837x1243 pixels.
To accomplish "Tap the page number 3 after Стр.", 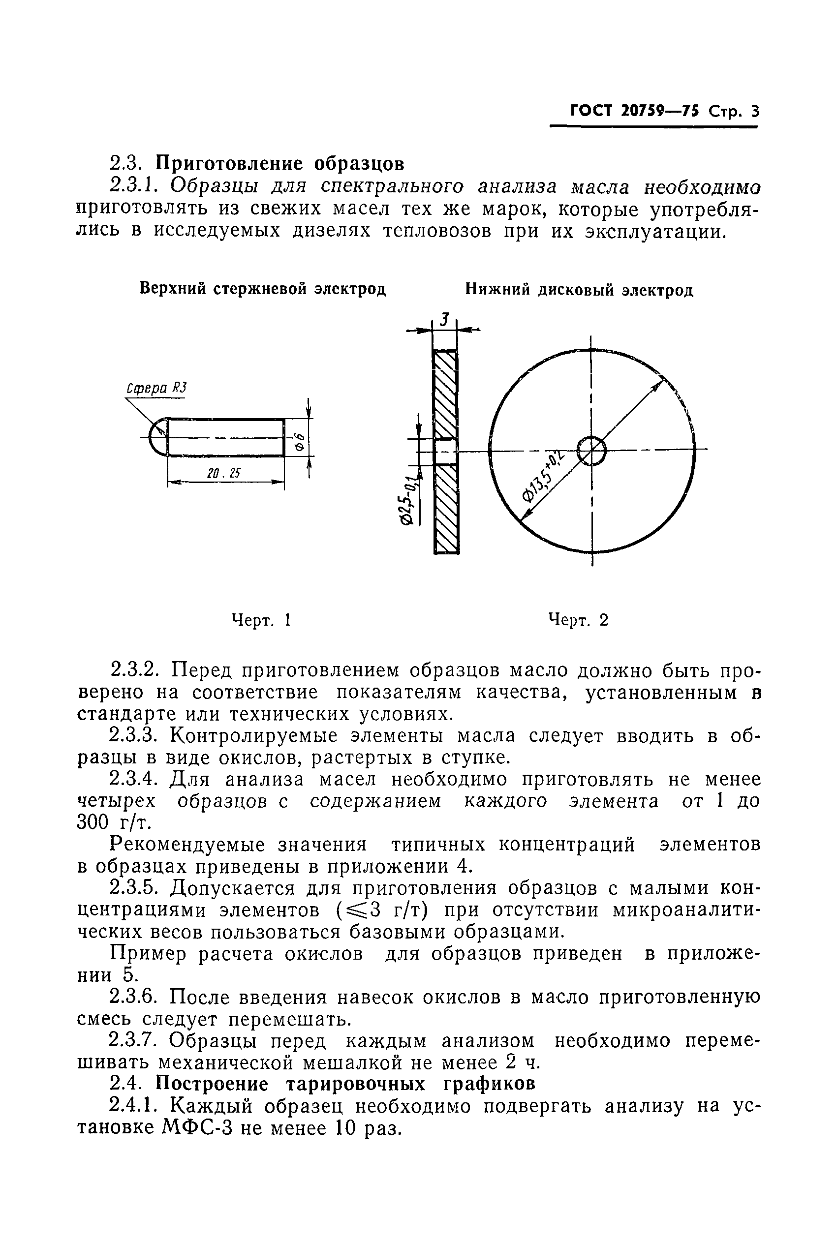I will pos(754,112).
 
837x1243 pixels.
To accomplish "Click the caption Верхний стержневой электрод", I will pos(262,289).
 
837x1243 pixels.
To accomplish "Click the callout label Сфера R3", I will pos(156,389).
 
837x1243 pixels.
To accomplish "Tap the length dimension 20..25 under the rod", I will pos(225,473).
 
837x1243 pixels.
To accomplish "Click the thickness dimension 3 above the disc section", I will pos(444,320).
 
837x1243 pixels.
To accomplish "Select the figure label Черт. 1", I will pos(260,620).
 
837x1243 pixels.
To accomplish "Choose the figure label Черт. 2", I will pos(579,620).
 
